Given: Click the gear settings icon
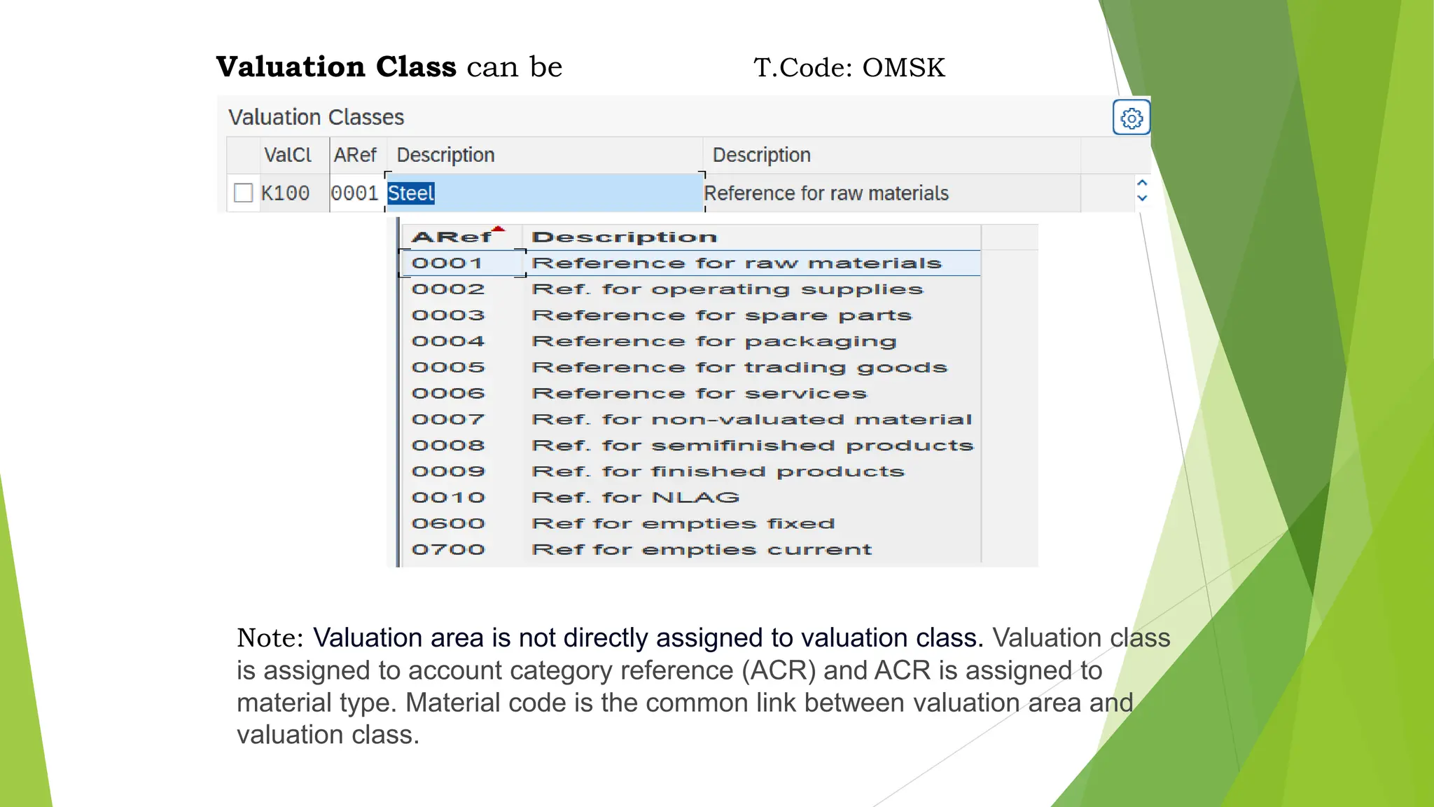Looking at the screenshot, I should [1131, 118].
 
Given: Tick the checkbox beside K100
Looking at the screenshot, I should [243, 193].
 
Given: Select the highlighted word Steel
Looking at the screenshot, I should [411, 193].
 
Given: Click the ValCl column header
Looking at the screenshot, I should [287, 155].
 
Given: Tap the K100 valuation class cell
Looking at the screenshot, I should [285, 193].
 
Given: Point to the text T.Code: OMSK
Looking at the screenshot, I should [849, 68].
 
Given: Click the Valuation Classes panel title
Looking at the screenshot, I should [316, 117].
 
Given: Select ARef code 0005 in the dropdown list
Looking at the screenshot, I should [448, 368].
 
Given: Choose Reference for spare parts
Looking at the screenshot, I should [721, 316].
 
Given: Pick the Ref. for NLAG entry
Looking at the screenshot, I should [635, 498].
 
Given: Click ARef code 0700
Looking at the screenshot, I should [448, 550].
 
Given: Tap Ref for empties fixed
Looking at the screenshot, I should [683, 524].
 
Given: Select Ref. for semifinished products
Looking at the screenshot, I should [752, 446].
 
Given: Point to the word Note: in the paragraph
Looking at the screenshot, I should [270, 638].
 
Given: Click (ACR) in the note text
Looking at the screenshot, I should [779, 671].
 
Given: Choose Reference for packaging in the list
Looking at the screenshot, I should [713, 342].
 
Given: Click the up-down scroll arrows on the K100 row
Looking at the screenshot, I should [1142, 190].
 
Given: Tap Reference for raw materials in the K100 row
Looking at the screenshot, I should [826, 193].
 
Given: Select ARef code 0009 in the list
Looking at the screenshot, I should [448, 472].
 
